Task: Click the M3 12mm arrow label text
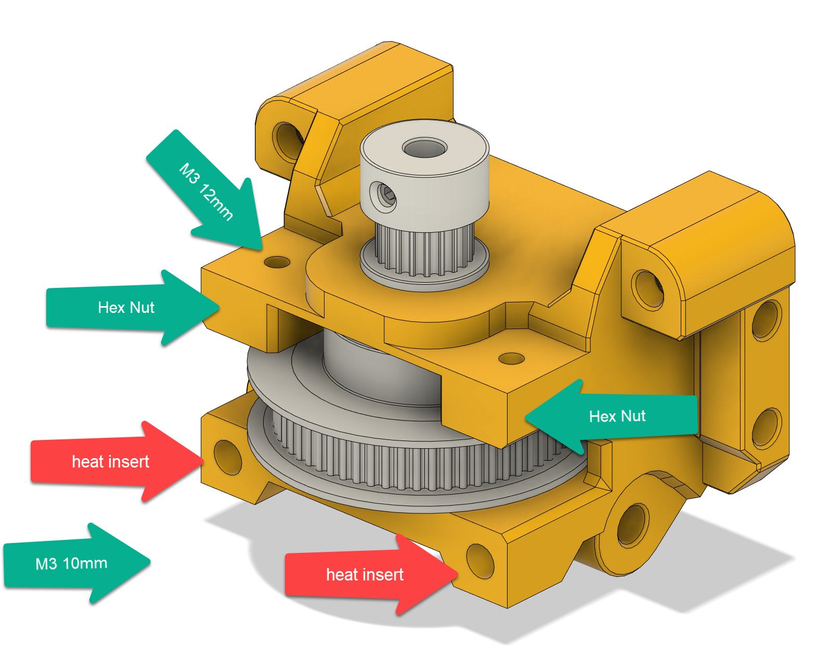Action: pyautogui.click(x=206, y=192)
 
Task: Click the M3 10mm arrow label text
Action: pyautogui.click(x=71, y=563)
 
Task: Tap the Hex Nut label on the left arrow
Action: pyautogui.click(x=126, y=308)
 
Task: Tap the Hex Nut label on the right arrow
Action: pyautogui.click(x=617, y=416)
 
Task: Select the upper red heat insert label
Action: pyautogui.click(x=110, y=462)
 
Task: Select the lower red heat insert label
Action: pyautogui.click(x=365, y=575)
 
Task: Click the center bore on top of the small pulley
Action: pyautogui.click(x=425, y=148)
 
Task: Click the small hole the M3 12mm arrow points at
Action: pyautogui.click(x=277, y=262)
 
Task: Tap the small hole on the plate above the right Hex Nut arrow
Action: pyautogui.click(x=511, y=359)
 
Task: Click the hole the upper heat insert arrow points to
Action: pyautogui.click(x=228, y=457)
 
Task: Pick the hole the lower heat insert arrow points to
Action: pyautogui.click(x=480, y=560)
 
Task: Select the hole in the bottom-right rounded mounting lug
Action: pyautogui.click(x=633, y=524)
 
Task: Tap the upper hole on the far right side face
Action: pyautogui.click(x=766, y=319)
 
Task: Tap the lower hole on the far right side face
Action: pyautogui.click(x=766, y=428)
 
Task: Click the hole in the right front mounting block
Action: pyautogui.click(x=647, y=289)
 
